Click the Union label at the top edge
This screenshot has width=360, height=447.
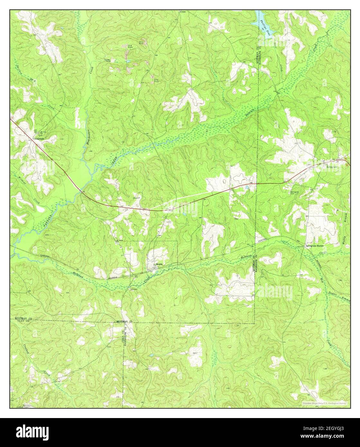click(x=182, y=12)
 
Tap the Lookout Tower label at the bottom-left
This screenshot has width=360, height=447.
click(x=23, y=406)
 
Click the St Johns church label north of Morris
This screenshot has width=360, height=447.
click(x=120, y=240)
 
